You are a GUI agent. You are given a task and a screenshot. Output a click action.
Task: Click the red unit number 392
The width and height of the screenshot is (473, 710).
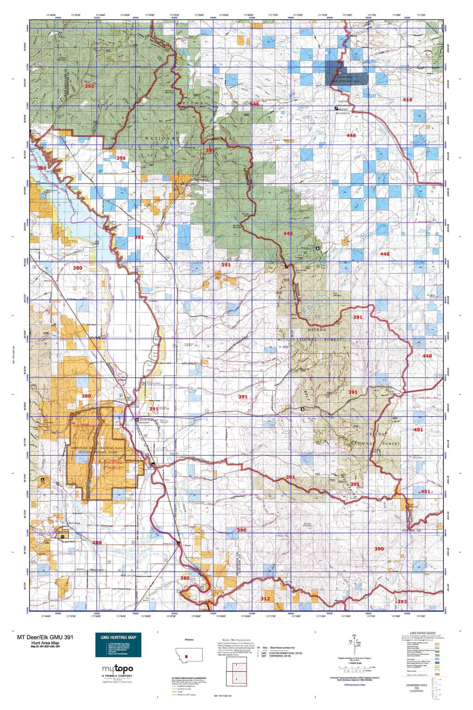tap(89, 86)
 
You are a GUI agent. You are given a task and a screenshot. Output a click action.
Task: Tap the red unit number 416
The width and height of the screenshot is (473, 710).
tap(407, 100)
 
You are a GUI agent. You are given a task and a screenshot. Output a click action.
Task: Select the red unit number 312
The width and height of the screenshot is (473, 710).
tap(265, 599)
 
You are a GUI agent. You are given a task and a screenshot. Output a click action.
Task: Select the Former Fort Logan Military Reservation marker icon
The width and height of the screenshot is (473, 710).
tap(336, 109)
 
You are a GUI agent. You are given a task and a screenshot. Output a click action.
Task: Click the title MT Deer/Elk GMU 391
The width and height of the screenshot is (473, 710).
tap(45, 637)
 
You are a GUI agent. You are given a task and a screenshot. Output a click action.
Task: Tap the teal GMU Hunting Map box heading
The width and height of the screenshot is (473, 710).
tap(118, 637)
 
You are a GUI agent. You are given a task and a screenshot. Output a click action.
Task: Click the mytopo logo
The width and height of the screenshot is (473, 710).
tap(118, 669)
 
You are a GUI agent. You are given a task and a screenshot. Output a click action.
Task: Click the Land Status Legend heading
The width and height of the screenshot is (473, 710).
tap(422, 633)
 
